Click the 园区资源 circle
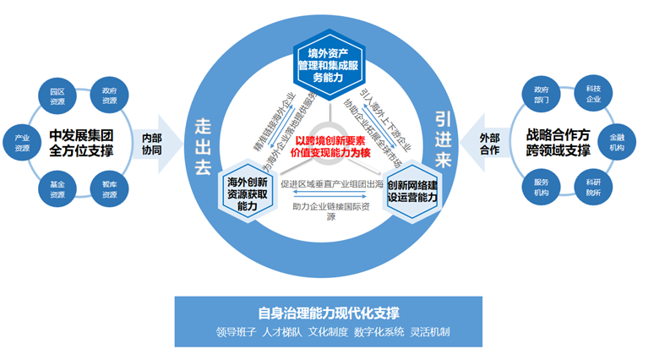[57, 95]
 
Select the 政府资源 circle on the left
[109, 95]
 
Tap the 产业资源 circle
[21, 142]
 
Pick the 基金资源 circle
[57, 188]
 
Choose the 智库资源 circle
[109, 188]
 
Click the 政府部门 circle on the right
[542, 94]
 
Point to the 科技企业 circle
[593, 94]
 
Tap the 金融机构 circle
[616, 142]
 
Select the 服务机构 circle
[542, 187]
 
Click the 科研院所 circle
[593, 187]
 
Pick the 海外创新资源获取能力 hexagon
[247, 193]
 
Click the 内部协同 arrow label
[151, 144]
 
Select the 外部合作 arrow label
[489, 144]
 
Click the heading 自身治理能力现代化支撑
[330, 312]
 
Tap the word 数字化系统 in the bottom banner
[379, 331]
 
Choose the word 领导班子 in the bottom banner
[236, 331]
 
